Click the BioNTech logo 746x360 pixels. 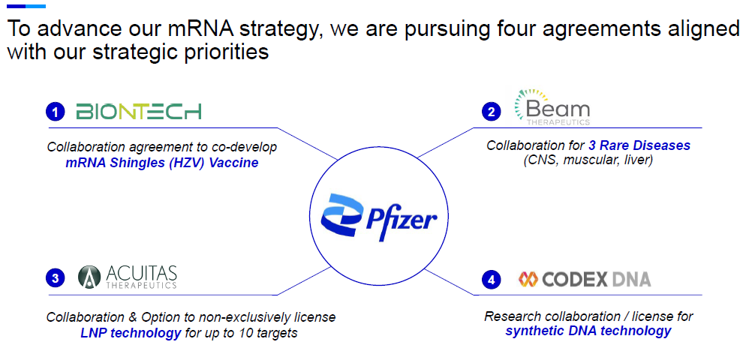point(138,111)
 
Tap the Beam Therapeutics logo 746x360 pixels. point(552,107)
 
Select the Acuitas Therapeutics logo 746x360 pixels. point(127,277)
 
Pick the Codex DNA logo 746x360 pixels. point(584,279)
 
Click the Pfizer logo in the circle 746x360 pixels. point(379,217)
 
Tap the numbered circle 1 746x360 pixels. point(56,112)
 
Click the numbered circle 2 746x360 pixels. point(491,112)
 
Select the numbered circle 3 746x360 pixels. point(56,279)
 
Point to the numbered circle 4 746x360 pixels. point(491,280)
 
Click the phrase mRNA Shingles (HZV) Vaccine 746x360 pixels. point(162,163)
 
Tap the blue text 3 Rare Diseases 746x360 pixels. point(639,145)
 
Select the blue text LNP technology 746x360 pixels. point(131,333)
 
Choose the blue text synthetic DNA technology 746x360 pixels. point(588,331)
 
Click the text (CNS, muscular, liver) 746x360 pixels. point(588,160)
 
